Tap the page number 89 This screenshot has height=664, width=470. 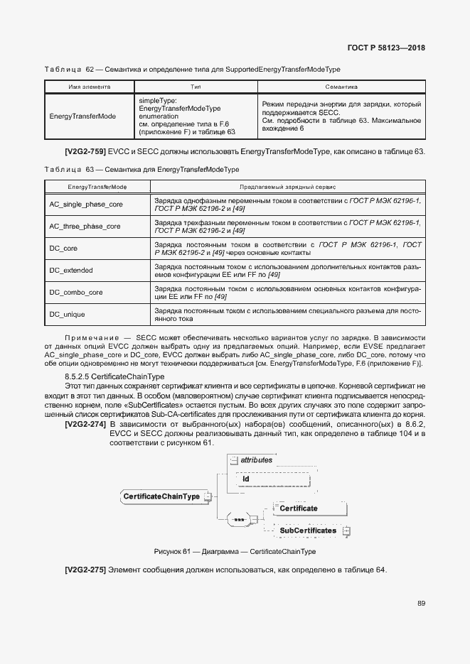coord(421,604)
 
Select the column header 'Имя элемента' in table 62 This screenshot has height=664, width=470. coord(89,87)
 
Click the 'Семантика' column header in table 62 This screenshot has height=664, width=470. coord(341,87)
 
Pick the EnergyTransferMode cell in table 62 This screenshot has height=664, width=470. coord(83,116)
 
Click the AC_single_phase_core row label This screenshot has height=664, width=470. coord(86,205)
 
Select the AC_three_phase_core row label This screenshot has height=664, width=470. coord(85,227)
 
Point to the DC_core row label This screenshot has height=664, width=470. coord(63,249)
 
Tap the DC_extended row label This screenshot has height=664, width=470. coord(71,271)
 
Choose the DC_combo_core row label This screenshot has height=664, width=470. coord(76,292)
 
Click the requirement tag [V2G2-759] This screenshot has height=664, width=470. coord(85,152)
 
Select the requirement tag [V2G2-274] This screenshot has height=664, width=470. coord(85,424)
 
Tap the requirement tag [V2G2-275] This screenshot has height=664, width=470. coord(85,570)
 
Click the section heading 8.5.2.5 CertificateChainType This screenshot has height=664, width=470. coord(114,376)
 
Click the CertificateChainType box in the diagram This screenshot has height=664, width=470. coord(161,496)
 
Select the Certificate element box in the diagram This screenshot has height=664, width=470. coord(298,508)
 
